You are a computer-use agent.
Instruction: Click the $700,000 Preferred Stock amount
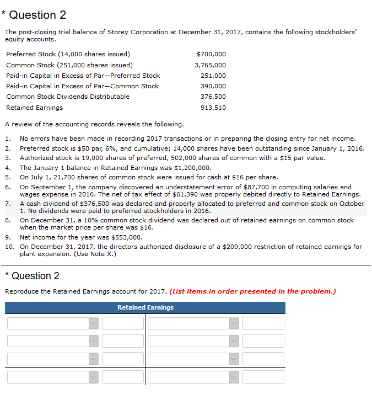(x=211, y=54)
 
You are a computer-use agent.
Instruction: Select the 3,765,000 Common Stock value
(x=210, y=65)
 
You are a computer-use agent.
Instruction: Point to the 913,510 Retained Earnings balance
(x=213, y=108)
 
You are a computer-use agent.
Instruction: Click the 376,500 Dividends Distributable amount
(x=213, y=97)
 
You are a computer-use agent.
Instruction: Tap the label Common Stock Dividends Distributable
(x=68, y=97)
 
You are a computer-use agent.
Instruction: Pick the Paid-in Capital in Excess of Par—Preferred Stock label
(x=83, y=76)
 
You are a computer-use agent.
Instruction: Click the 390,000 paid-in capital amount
(x=213, y=86)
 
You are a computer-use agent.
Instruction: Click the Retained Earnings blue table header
(x=145, y=307)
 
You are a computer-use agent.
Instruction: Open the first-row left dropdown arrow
(x=93, y=323)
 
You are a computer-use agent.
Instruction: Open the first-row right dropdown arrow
(x=234, y=323)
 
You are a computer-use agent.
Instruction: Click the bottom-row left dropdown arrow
(x=93, y=377)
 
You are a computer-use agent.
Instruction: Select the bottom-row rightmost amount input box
(x=263, y=377)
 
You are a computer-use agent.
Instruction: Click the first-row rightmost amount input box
(x=263, y=323)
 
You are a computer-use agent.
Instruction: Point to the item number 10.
(x=9, y=247)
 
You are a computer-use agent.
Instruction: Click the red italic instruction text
(x=253, y=291)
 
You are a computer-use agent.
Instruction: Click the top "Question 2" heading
(x=37, y=15)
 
